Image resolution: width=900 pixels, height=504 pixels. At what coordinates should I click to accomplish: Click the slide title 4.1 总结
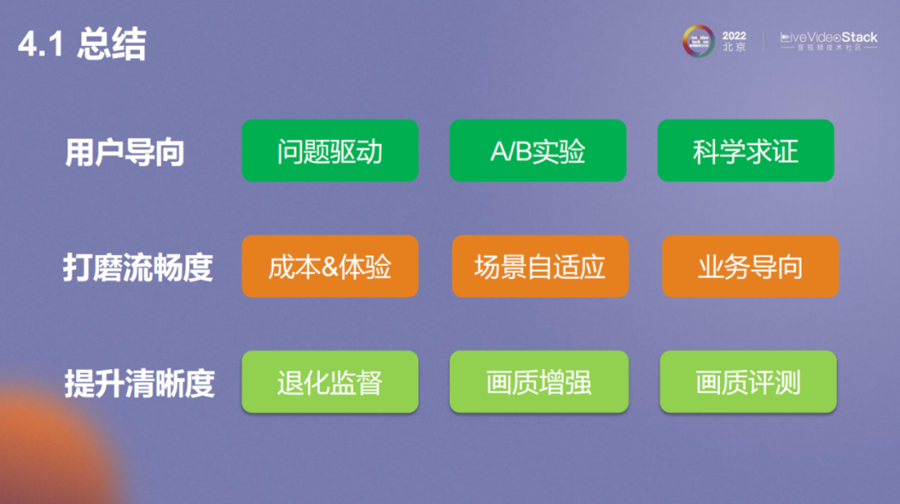[x=82, y=45]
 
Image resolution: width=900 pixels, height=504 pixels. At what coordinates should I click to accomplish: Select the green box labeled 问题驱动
[x=329, y=151]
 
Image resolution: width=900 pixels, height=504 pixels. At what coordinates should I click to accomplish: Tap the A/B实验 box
[x=537, y=151]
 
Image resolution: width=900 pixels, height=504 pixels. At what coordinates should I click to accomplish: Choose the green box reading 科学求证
[x=745, y=151]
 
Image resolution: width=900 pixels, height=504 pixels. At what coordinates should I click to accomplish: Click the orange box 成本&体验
[x=329, y=267]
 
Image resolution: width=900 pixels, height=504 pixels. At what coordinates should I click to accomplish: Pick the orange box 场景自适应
[x=539, y=267]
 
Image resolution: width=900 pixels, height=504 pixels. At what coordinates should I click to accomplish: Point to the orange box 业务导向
[x=750, y=267]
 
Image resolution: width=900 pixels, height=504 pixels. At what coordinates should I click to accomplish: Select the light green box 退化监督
[x=329, y=382]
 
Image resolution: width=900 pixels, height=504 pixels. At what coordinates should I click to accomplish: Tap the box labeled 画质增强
[x=538, y=382]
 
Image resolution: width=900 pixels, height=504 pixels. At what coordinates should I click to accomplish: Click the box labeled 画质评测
[x=747, y=382]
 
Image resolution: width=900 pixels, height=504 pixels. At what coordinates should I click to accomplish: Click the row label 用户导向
[x=124, y=152]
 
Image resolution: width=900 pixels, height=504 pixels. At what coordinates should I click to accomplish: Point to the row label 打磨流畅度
[x=137, y=267]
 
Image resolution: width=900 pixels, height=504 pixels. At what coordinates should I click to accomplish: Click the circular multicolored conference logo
[x=698, y=41]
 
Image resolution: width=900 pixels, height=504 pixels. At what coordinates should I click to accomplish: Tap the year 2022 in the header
[x=734, y=36]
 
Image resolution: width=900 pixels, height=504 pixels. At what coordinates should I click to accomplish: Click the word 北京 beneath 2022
[x=734, y=47]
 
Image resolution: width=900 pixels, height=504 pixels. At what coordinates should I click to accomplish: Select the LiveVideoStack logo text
[x=828, y=37]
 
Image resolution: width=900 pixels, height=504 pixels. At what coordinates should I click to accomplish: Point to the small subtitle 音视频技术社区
[x=828, y=48]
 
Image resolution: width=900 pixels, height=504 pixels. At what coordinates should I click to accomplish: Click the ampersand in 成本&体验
[x=332, y=267]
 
